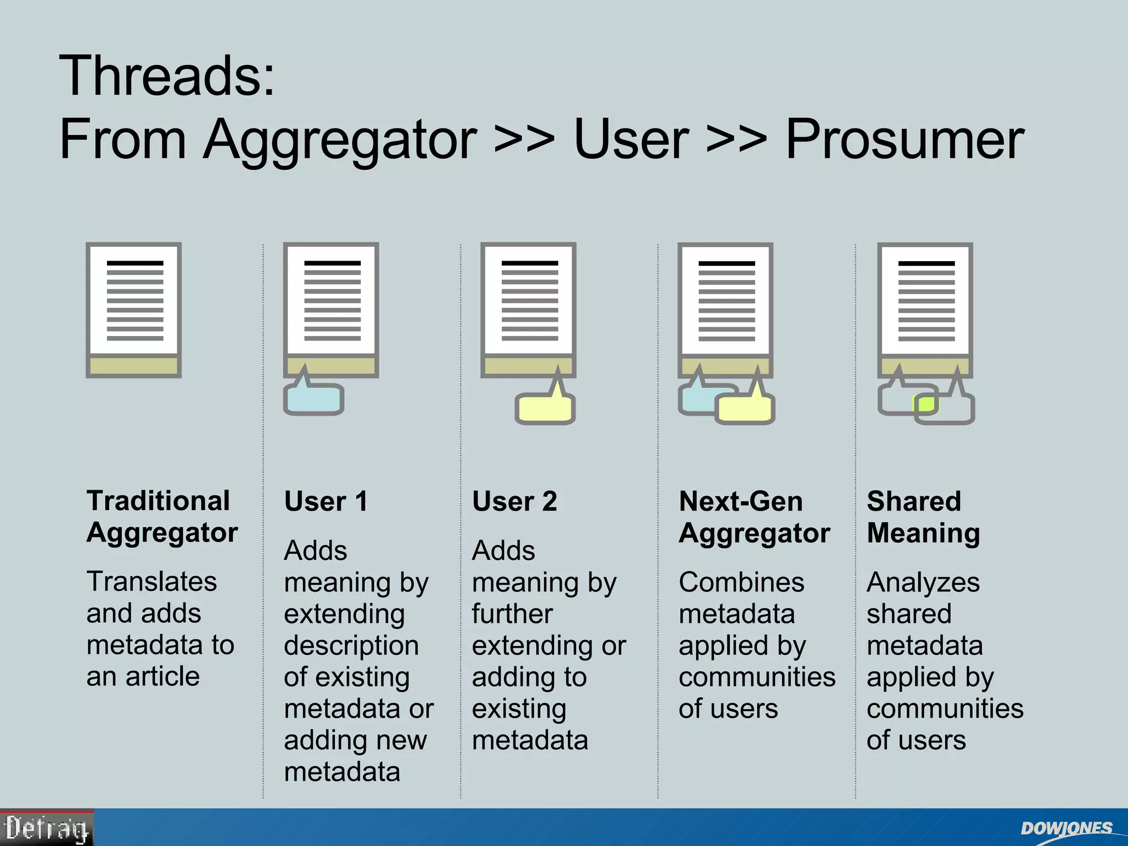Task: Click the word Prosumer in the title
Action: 904,140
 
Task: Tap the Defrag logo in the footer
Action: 47,828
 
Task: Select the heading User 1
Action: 326,502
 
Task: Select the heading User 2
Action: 514,502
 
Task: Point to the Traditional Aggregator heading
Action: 162,517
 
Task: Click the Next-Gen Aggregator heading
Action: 754,517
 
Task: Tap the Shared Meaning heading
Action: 923,517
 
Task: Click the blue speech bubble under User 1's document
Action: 313,400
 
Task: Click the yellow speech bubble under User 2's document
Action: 545,409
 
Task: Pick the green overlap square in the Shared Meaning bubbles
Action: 925,404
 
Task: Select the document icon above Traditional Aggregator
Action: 134,310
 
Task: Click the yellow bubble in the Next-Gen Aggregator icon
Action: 745,410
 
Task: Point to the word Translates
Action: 151,582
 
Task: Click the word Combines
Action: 741,582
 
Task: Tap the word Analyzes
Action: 923,582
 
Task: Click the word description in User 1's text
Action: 351,646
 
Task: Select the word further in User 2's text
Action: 512,614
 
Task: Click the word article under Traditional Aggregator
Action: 162,676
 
